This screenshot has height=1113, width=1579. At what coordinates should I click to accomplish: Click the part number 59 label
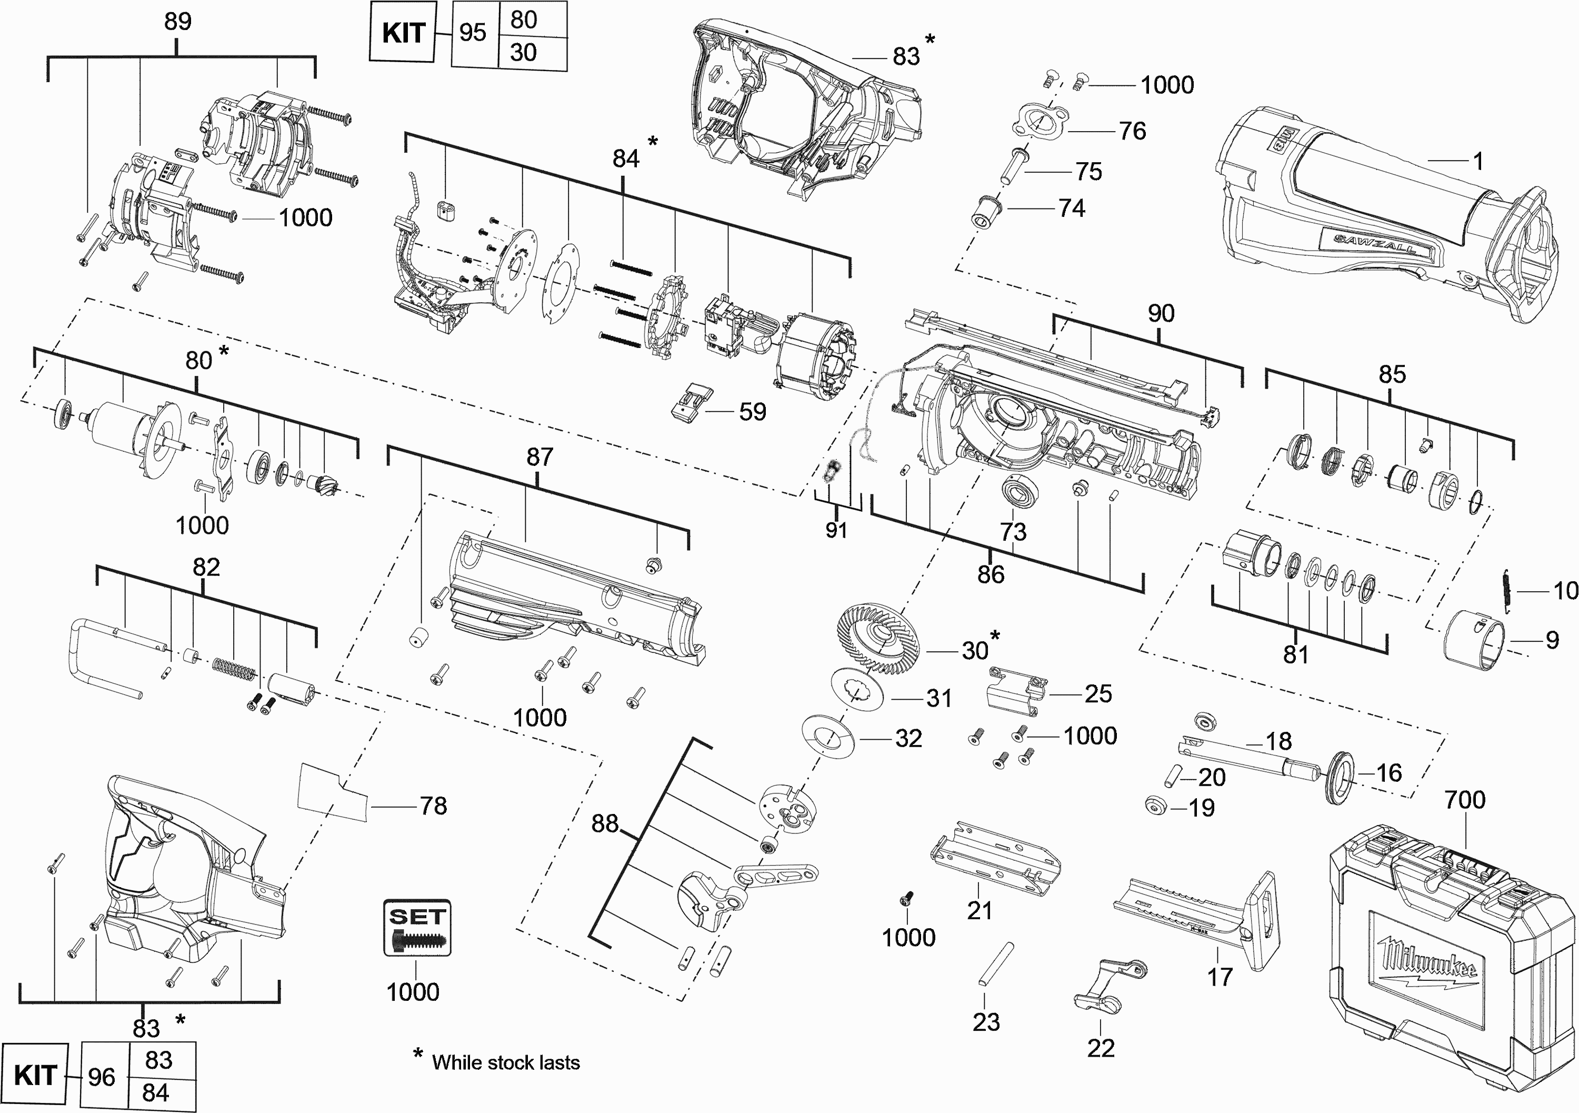[752, 412]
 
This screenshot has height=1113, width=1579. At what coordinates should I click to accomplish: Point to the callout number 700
[1464, 800]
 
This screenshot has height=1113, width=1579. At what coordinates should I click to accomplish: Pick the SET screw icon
[417, 928]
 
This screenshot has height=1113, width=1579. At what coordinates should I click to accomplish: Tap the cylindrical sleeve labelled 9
[1473, 640]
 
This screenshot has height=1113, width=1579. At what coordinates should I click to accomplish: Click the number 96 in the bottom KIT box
[102, 1077]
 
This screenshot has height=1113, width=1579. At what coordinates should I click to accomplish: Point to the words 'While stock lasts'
[505, 1063]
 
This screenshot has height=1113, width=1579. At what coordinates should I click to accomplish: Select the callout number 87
[539, 457]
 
